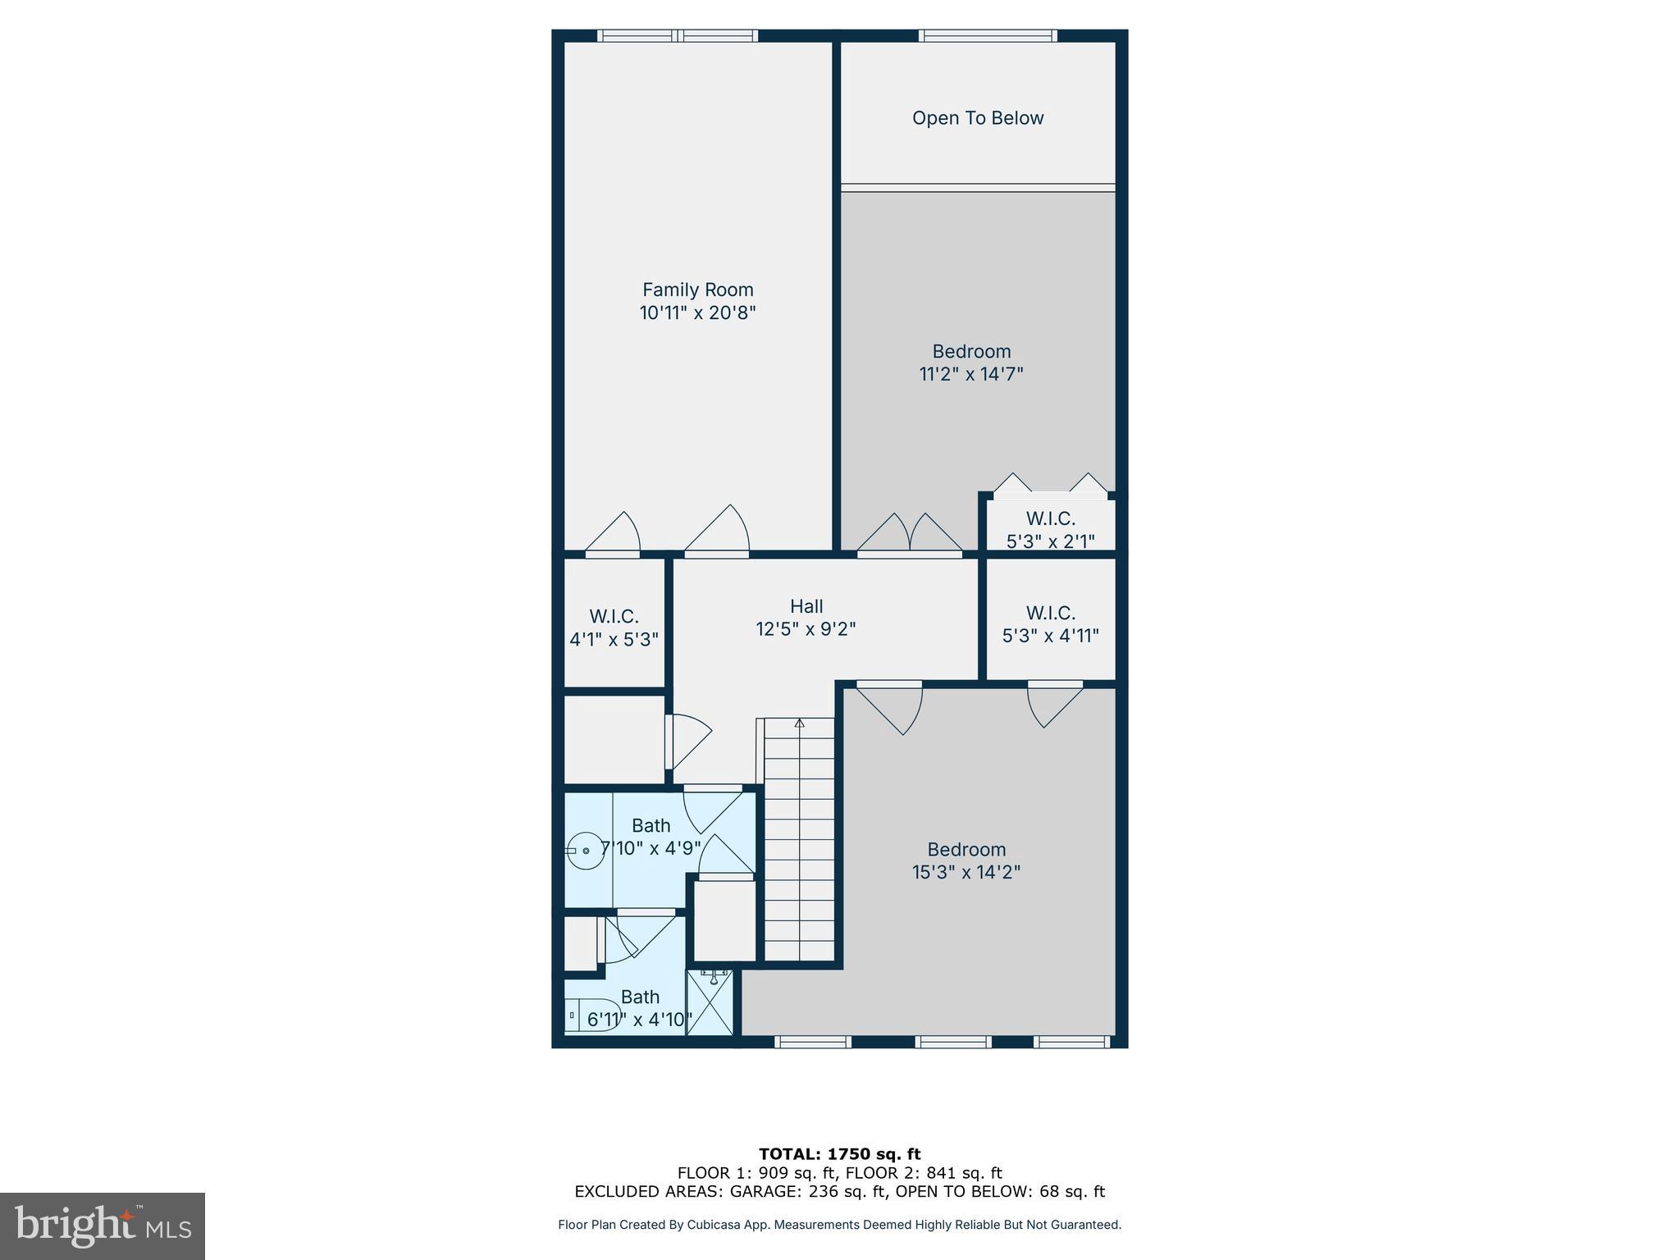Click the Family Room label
[697, 290]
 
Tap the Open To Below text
[978, 118]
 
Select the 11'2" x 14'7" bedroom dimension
[971, 374]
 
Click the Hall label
[806, 606]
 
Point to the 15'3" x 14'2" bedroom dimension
[966, 872]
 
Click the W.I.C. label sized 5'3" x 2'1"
[1050, 518]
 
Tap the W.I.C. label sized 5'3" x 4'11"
[1050, 613]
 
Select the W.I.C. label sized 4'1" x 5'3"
[614, 616]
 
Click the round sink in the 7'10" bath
[586, 851]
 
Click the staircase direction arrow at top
[800, 723]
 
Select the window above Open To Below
[988, 35]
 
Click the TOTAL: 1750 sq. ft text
[839, 1154]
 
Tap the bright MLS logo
[103, 1226]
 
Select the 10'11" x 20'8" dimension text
[697, 313]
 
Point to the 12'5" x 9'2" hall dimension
[806, 629]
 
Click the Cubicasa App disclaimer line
[839, 1225]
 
